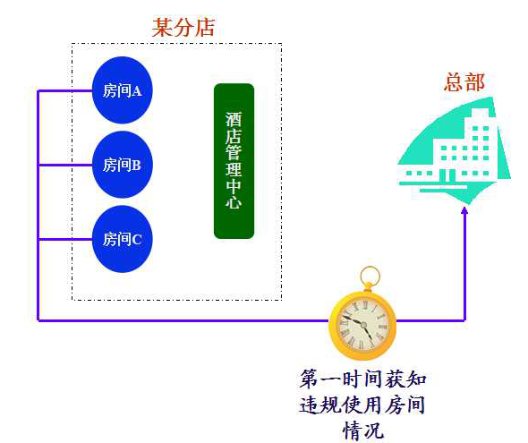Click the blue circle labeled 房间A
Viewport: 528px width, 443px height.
[x=123, y=90]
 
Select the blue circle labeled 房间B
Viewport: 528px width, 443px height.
[x=123, y=165]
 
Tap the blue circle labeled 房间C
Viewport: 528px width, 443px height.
[x=123, y=239]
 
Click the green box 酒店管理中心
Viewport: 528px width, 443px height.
[x=234, y=161]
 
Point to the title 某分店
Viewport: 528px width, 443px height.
[x=183, y=27]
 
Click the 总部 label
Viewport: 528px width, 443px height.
[x=464, y=82]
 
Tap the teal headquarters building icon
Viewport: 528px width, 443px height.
[x=454, y=151]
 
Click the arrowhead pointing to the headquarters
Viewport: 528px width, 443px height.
[x=464, y=210]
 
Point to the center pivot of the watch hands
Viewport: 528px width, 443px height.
[x=363, y=325]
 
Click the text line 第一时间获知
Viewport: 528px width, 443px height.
[x=363, y=379]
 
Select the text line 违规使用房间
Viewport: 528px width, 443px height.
[x=362, y=405]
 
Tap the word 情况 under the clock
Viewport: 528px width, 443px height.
[x=363, y=430]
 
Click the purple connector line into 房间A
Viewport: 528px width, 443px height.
[x=65, y=90]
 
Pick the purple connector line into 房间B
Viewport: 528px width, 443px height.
[x=65, y=165]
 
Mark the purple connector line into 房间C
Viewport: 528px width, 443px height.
[x=65, y=239]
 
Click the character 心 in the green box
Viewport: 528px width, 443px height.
[x=234, y=202]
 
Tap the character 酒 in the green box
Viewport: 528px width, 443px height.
[x=234, y=120]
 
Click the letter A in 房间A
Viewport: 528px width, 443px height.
[x=137, y=91]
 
